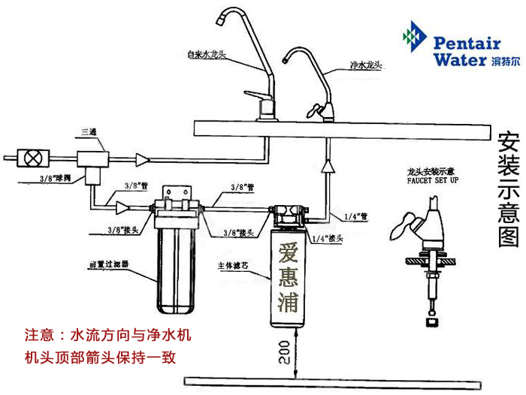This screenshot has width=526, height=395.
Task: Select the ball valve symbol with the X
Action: pos(33,158)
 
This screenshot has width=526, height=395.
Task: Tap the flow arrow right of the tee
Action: pos(142,159)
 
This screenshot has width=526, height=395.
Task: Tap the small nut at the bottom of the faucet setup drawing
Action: pos(432,321)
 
